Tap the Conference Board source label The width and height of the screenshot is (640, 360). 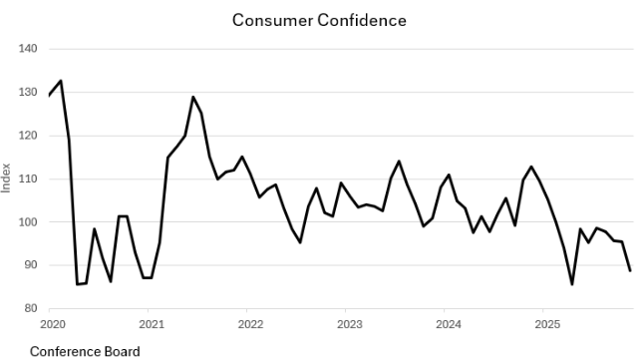point(85,351)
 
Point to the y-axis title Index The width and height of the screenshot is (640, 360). point(8,179)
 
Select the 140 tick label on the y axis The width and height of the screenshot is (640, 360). point(28,49)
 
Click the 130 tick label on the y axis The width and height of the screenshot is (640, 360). point(28,93)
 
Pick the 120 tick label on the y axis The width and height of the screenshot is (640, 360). point(28,136)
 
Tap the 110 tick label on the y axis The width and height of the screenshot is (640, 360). point(28,179)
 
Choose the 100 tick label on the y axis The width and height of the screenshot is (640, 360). point(28,222)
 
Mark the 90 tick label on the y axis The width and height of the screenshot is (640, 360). point(30,265)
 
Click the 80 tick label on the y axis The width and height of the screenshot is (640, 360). point(30,308)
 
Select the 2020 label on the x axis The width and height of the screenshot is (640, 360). point(52,324)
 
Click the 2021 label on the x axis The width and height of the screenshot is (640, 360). point(151,324)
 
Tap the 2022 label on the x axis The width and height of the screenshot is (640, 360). point(250,324)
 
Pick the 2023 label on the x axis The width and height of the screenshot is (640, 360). point(349,324)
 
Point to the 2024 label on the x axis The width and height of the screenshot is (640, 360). point(449,324)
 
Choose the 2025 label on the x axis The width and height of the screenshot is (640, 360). point(547,324)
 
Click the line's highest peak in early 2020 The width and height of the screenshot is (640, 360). point(61,81)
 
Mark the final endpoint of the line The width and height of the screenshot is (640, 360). point(630,270)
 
